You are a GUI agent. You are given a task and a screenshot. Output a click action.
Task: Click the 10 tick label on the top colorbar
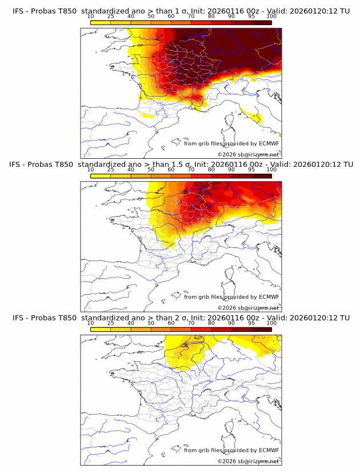click(x=91, y=16)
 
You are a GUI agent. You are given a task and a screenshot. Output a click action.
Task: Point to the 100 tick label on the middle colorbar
click(x=271, y=170)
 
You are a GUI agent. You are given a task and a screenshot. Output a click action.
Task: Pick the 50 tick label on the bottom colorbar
click(x=151, y=323)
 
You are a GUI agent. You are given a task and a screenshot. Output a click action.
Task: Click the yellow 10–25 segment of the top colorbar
click(x=101, y=22)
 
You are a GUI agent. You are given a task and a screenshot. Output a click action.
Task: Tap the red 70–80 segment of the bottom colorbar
click(x=201, y=329)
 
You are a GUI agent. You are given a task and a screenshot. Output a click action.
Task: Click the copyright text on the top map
click(x=248, y=154)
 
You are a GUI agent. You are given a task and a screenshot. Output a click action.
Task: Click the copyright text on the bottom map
click(x=248, y=461)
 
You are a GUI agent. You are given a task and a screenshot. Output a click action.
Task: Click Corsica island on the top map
click(x=231, y=121)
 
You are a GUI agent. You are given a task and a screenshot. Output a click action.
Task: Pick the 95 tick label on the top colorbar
click(x=251, y=16)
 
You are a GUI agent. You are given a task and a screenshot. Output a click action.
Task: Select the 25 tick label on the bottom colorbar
click(x=111, y=323)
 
